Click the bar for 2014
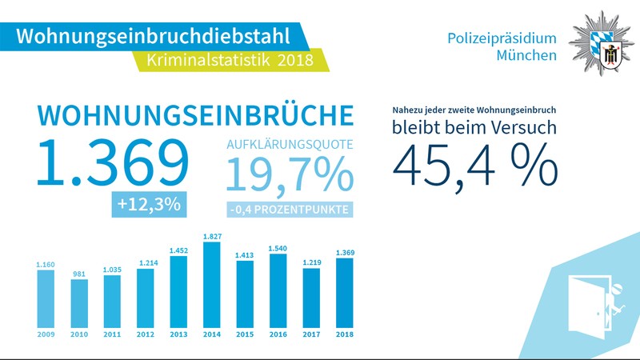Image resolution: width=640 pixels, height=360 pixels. click(211, 283)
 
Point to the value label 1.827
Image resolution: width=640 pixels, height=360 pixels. click(211, 235)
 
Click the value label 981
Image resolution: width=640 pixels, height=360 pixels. click(79, 272)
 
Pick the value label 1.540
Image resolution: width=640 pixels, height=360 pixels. click(277, 248)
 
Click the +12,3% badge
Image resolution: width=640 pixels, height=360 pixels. click(148, 205)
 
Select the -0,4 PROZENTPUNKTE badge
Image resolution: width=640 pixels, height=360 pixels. click(289, 210)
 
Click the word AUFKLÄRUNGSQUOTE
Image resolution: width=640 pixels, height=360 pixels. click(289, 146)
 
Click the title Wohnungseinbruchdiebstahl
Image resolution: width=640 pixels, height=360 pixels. click(159, 37)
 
